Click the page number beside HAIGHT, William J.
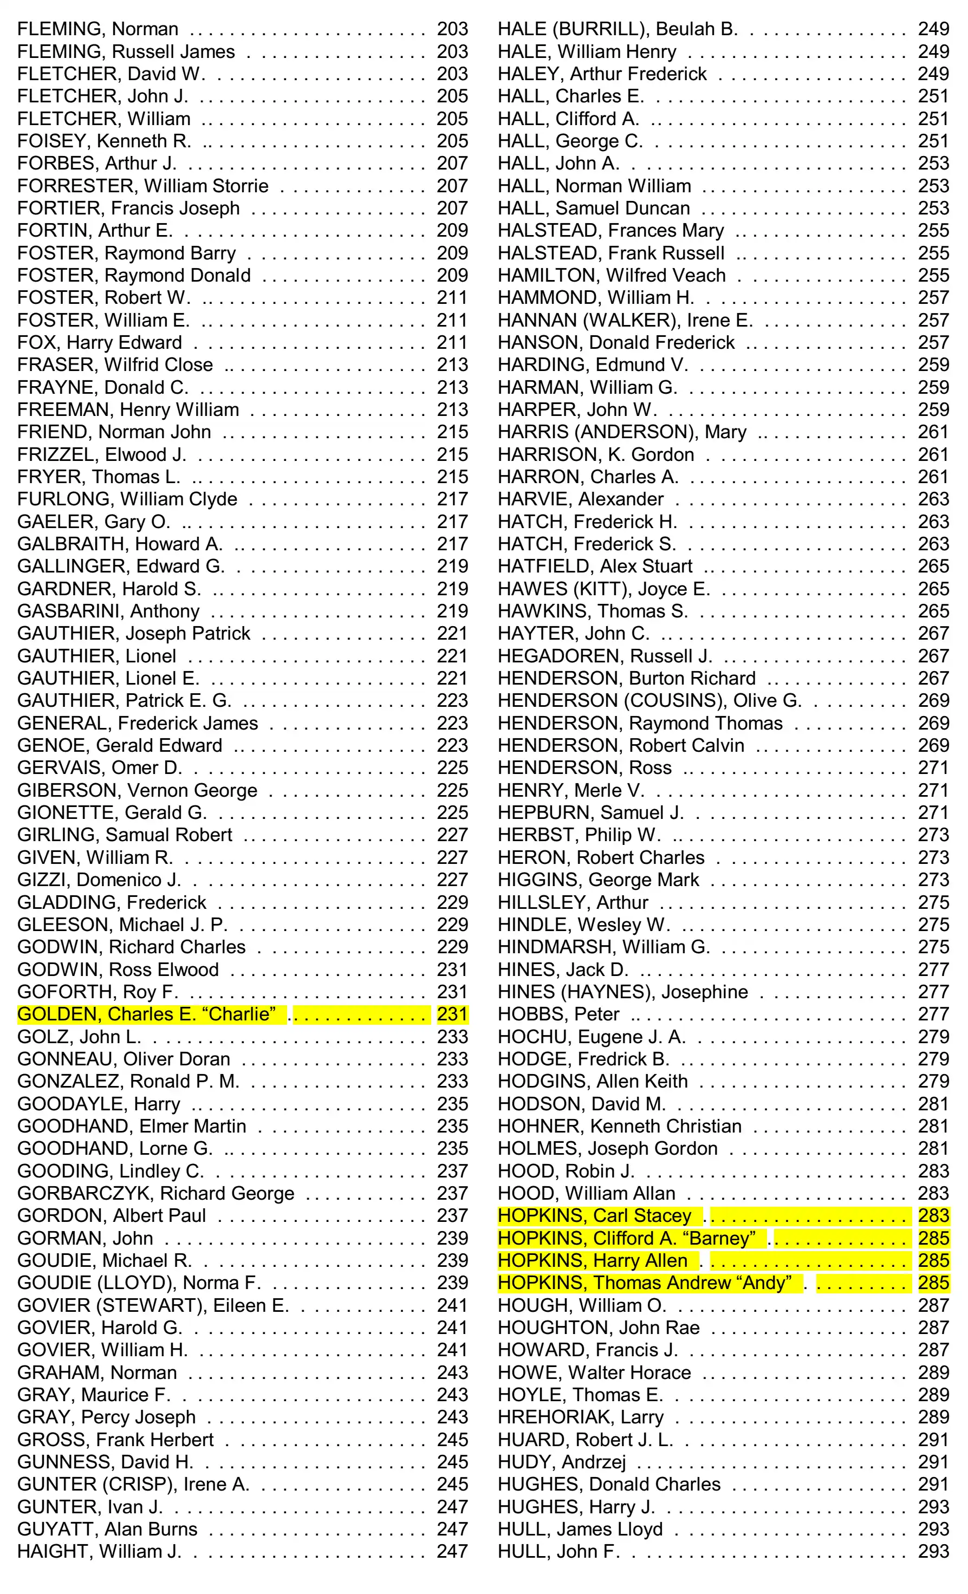pyautogui.click(x=452, y=1551)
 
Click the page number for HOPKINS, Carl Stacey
pyautogui.click(x=933, y=1216)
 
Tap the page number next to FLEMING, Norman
pyautogui.click(x=452, y=29)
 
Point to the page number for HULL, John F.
pyautogui.click(x=933, y=1551)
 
